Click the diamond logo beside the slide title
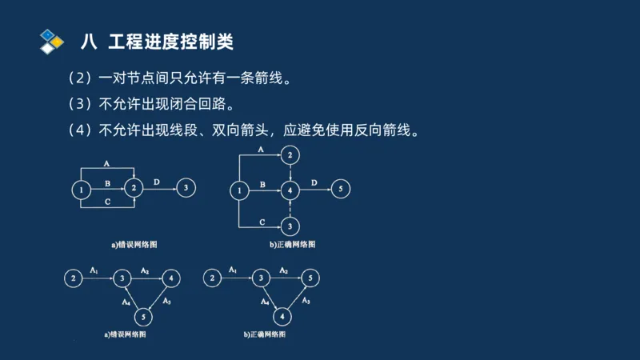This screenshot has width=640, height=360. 51,39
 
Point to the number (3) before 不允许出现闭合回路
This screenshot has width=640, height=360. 82,104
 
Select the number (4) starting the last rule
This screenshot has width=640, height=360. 82,130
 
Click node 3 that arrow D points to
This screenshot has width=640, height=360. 186,189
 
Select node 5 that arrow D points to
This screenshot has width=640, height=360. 340,190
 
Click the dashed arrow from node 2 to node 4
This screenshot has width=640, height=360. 291,171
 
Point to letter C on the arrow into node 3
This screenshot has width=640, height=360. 262,220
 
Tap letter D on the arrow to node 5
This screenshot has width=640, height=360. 314,183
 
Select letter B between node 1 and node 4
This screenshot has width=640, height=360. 262,184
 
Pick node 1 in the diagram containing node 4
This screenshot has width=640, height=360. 238,190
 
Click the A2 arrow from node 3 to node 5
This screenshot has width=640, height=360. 285,278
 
